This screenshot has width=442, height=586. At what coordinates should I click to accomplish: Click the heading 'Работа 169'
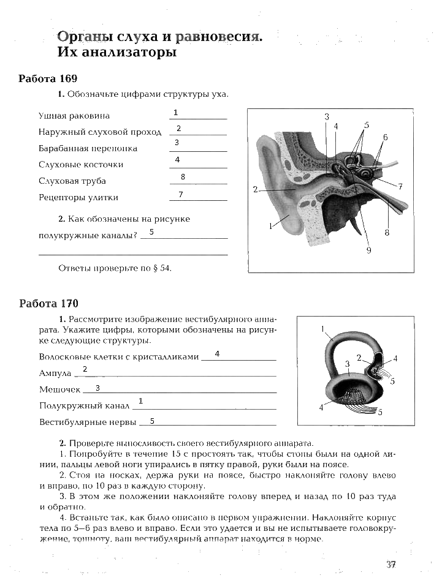click(48, 79)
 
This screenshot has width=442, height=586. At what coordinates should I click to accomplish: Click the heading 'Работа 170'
click(48, 304)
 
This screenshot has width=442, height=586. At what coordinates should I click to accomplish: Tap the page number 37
click(391, 565)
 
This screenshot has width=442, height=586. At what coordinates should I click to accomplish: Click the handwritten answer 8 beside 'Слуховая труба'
click(183, 177)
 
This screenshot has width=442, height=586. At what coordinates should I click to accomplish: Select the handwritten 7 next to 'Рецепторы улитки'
click(181, 195)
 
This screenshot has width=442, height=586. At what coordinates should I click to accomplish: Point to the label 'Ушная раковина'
click(74, 115)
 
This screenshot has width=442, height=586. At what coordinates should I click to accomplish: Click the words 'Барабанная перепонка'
click(88, 148)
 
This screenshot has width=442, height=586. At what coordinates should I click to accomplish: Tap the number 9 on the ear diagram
click(368, 249)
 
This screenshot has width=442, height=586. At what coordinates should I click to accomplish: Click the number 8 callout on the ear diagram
click(387, 233)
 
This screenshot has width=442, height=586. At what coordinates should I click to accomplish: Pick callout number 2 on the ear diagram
click(255, 189)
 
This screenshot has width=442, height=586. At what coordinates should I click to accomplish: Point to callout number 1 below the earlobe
click(270, 226)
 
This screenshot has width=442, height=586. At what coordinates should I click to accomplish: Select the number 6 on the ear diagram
click(385, 137)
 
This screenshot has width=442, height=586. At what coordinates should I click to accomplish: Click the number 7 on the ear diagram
click(399, 186)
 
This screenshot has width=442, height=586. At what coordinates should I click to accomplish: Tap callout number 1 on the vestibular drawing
click(322, 329)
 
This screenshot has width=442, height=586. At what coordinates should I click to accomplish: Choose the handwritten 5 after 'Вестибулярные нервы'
click(152, 421)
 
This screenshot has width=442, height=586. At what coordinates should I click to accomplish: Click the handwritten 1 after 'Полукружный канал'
click(140, 400)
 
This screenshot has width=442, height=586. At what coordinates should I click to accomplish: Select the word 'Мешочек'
click(59, 389)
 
